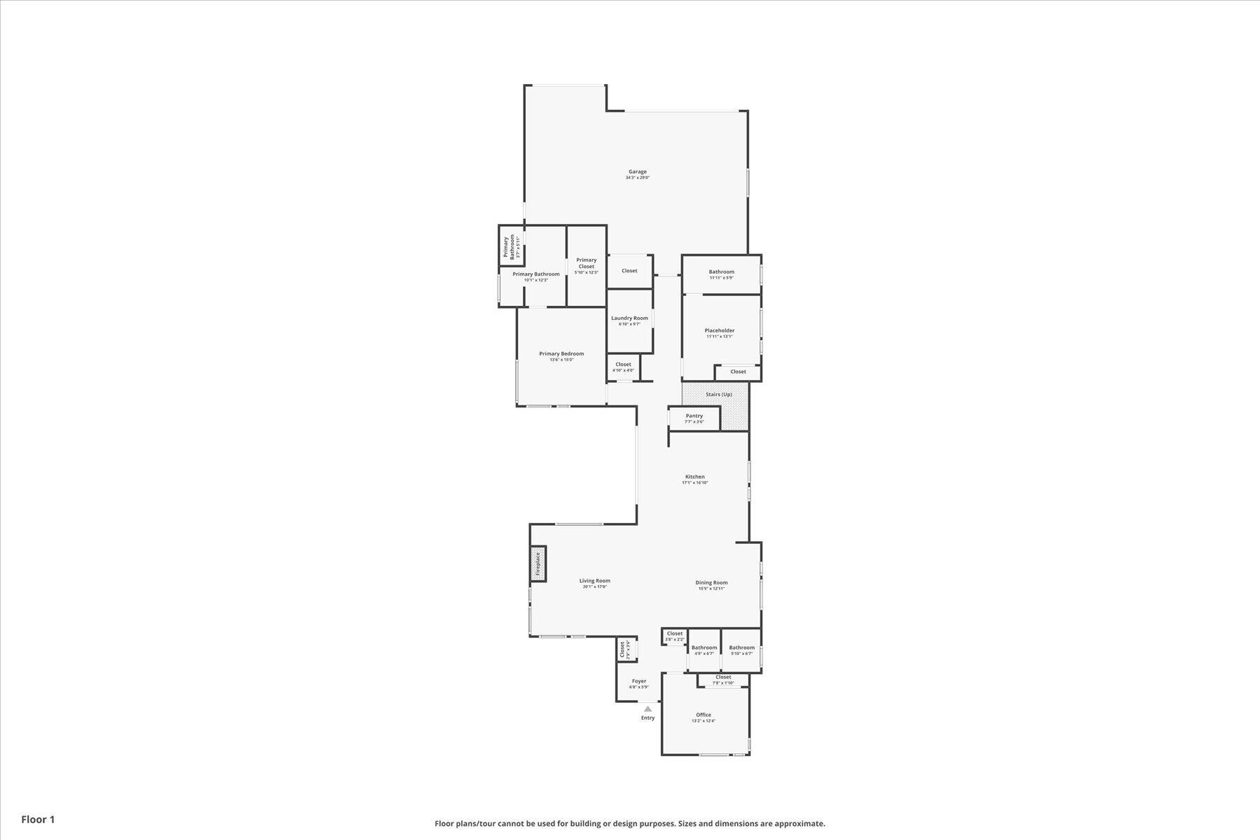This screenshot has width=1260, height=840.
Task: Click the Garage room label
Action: pyautogui.click(x=637, y=171)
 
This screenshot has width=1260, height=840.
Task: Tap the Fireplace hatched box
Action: pyautogui.click(x=538, y=563)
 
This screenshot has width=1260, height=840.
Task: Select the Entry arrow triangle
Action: pyautogui.click(x=647, y=709)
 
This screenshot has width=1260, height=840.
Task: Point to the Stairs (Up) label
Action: pyautogui.click(x=719, y=394)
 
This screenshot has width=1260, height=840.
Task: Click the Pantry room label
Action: pyautogui.click(x=694, y=416)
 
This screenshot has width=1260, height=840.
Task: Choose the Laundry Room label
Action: pyautogui.click(x=629, y=318)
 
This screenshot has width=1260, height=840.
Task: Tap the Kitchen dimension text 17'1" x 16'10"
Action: pyautogui.click(x=695, y=483)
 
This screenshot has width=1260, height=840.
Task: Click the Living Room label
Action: pyautogui.click(x=594, y=580)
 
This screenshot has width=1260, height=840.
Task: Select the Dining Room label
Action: pyautogui.click(x=711, y=582)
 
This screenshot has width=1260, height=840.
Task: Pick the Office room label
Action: pyautogui.click(x=703, y=715)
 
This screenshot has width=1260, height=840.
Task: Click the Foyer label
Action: pyautogui.click(x=639, y=681)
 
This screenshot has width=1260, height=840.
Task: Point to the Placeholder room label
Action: pyautogui.click(x=719, y=330)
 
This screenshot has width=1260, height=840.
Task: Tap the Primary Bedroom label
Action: pyautogui.click(x=561, y=353)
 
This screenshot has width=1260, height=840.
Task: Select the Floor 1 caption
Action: pyautogui.click(x=38, y=819)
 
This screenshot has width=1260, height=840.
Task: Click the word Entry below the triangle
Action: pyautogui.click(x=647, y=717)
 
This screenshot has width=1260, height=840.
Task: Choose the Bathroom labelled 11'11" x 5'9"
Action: pyautogui.click(x=721, y=272)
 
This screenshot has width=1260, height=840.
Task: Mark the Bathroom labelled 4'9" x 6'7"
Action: pyautogui.click(x=704, y=647)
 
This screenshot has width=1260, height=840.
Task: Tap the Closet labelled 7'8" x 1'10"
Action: pyautogui.click(x=723, y=677)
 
